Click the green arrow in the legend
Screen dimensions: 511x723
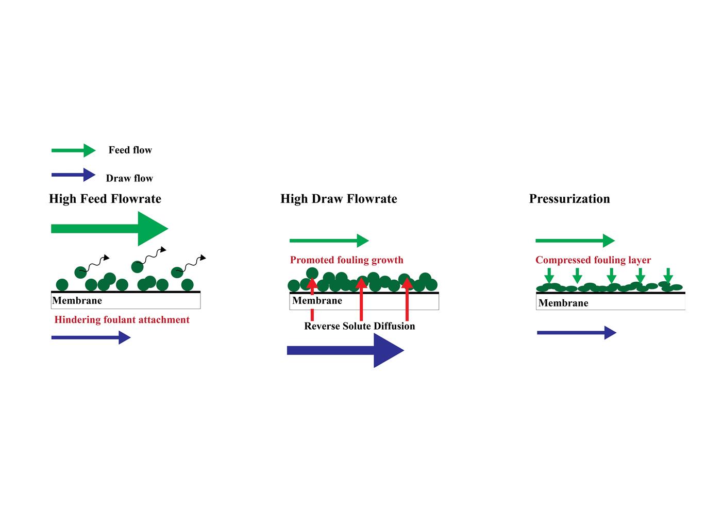[73, 150]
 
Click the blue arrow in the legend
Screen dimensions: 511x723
[73, 175]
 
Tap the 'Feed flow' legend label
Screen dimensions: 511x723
[130, 150]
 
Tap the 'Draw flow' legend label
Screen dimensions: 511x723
[129, 178]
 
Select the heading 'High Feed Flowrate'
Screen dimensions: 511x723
[105, 199]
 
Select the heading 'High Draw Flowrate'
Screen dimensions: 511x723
[339, 199]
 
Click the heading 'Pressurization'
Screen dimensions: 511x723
[569, 199]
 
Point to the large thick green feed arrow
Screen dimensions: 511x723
[109, 229]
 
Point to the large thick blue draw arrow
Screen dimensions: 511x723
[345, 351]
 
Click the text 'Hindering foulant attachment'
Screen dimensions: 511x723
[122, 320]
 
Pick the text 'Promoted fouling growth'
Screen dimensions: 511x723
[346, 260]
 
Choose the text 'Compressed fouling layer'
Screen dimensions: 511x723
[593, 260]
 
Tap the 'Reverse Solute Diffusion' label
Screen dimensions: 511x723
[360, 326]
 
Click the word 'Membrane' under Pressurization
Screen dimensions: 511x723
[563, 303]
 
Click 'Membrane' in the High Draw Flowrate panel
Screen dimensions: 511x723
[317, 301]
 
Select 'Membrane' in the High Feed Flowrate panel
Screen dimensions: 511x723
[77, 301]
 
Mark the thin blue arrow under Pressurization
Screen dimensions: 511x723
[576, 333]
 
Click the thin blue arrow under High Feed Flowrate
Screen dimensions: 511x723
[91, 337]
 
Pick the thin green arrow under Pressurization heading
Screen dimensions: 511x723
[575, 241]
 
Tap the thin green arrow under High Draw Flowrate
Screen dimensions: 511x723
[329, 241]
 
